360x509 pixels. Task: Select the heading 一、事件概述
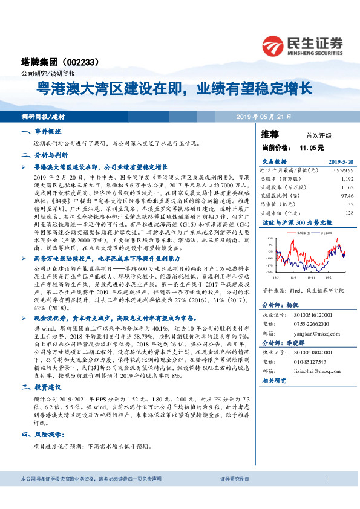(x=38, y=131)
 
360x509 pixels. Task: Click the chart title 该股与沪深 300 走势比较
(x=293, y=224)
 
